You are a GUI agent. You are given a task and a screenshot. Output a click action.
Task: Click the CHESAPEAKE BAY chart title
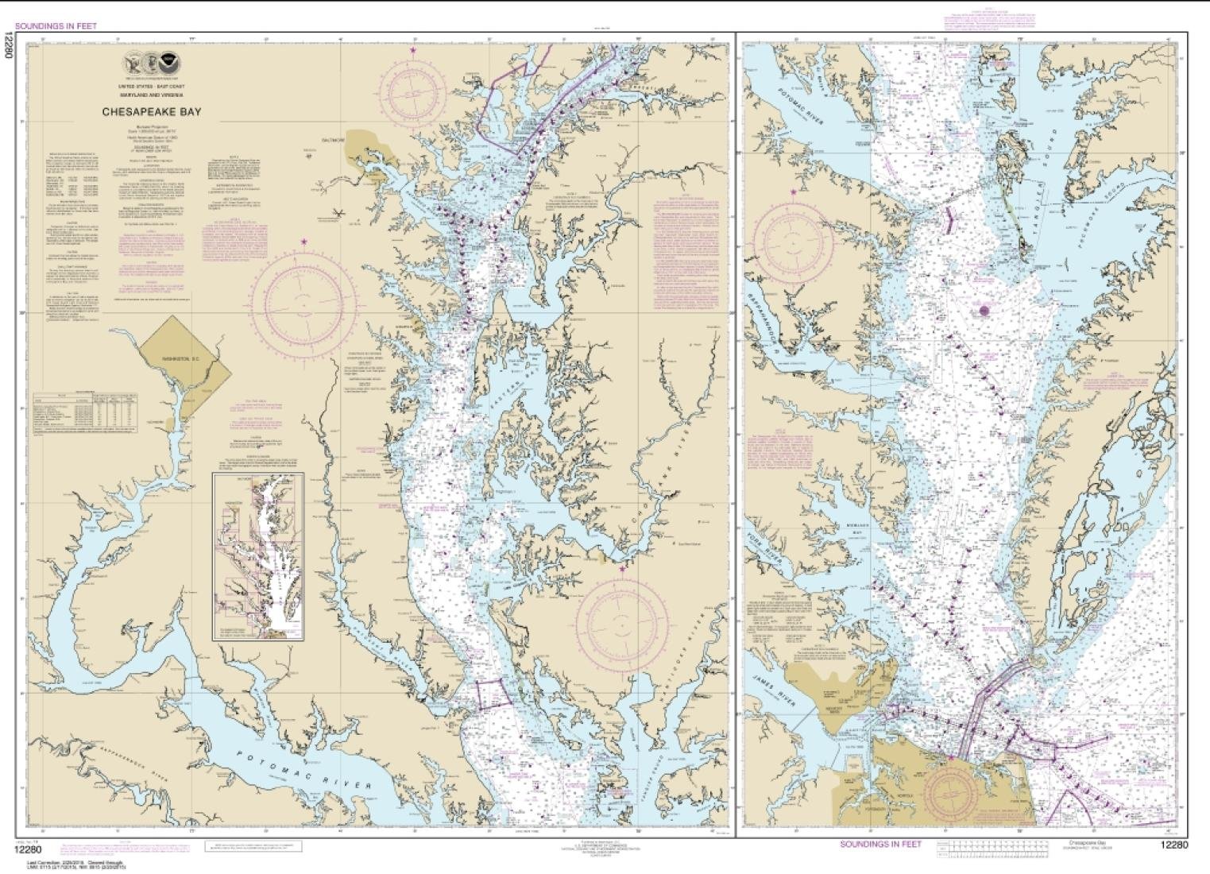[151, 112]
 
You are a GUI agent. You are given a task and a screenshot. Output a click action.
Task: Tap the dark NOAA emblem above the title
[168, 63]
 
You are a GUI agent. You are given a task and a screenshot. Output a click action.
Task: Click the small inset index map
[258, 556]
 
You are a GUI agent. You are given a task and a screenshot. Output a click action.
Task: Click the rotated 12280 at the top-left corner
[9, 44]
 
